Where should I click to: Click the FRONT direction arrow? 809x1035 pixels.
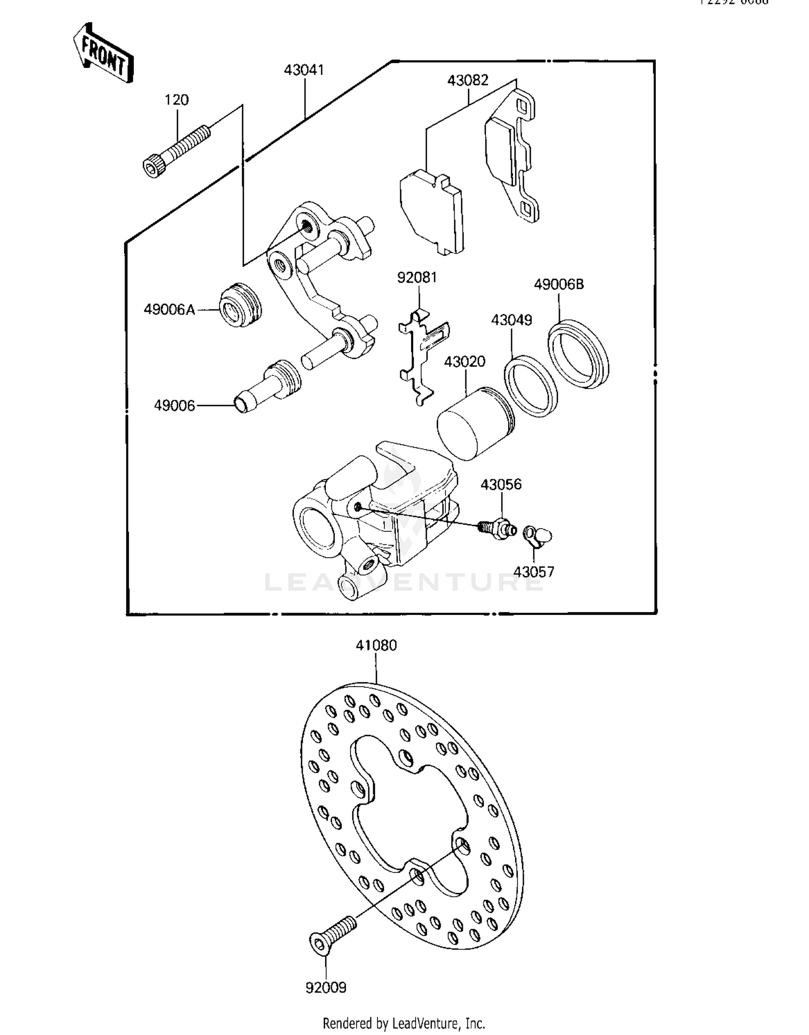coord(103,53)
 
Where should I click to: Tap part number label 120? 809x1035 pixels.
coord(176,100)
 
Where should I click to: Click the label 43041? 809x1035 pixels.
coord(304,70)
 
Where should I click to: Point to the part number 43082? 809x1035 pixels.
coord(468,80)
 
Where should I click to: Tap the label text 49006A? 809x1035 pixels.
coord(169,310)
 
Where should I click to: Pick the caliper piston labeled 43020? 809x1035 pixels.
coord(475,424)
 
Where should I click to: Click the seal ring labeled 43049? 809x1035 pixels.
coord(531,386)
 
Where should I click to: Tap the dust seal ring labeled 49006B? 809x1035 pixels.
coord(578,354)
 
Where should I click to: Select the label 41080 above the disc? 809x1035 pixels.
coord(376,645)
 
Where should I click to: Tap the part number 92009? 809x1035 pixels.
coord(326,988)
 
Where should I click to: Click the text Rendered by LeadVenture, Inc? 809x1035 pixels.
coord(403,1023)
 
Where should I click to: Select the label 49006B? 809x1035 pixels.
coord(559,284)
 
